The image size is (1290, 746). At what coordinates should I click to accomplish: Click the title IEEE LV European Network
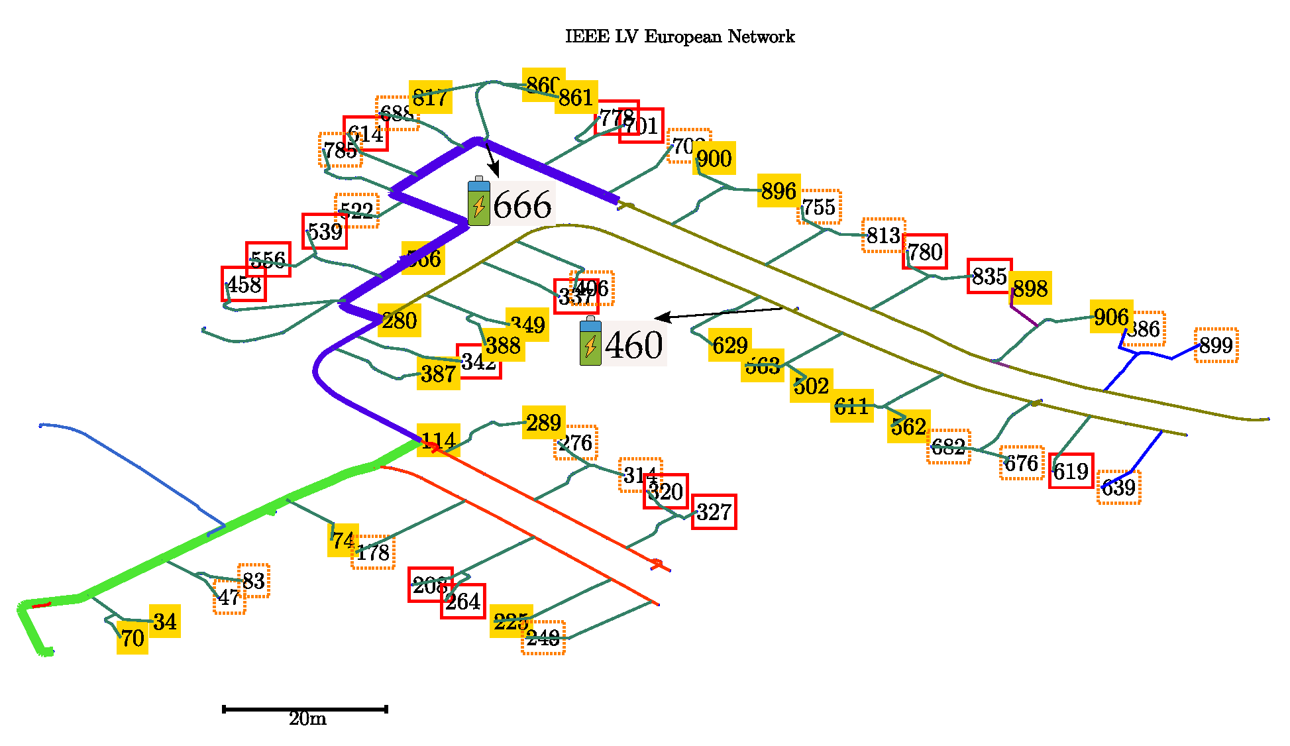point(679,36)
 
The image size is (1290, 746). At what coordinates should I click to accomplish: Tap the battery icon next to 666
point(478,202)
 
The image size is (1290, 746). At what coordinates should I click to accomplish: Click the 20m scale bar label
point(307,719)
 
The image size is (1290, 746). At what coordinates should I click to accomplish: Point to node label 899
point(1216,345)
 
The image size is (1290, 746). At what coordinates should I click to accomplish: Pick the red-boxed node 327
point(714,512)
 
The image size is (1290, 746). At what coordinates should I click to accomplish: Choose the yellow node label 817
point(430,97)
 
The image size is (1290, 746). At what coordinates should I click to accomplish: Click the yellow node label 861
point(576,97)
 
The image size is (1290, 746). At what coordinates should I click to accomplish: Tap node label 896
point(779,191)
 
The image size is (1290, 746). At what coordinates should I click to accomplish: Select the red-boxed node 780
point(924,252)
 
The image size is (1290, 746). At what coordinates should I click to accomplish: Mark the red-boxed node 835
point(989,276)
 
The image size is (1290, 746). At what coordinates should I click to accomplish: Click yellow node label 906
point(1111,317)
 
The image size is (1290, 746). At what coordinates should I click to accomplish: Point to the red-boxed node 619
point(1071,471)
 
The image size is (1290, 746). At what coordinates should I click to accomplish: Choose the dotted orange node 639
point(1118,488)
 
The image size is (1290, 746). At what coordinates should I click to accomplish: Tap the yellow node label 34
point(164,621)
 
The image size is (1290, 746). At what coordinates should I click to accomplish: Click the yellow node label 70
point(132,638)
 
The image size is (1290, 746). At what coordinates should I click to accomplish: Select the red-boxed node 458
point(244,284)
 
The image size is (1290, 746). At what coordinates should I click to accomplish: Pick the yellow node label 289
point(543,422)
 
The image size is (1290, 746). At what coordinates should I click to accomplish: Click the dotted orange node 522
point(356,211)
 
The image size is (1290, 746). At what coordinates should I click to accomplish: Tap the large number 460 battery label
point(633,345)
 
